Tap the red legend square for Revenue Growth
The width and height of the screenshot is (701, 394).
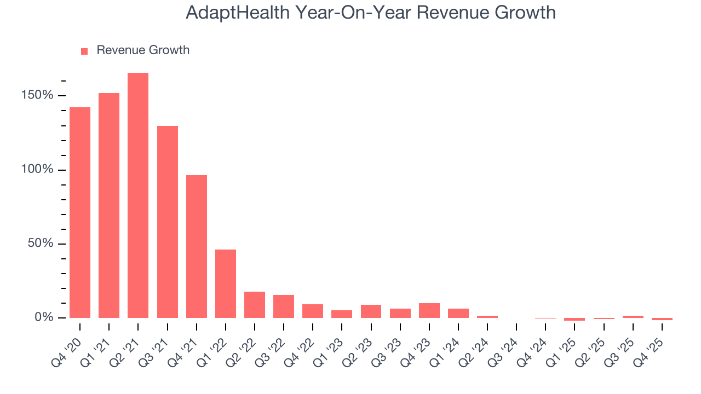(x=84, y=51)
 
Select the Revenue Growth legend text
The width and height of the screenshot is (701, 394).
(x=143, y=50)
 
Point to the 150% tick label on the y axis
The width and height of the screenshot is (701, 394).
(x=38, y=96)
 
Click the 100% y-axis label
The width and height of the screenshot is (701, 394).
(x=38, y=170)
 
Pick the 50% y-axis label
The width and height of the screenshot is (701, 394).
(x=41, y=244)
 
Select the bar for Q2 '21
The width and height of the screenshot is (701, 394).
(x=138, y=195)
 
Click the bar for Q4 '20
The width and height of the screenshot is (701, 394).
(x=80, y=212)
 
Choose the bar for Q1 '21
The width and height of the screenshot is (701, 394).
(x=109, y=205)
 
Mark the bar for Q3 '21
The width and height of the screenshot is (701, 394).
(x=167, y=222)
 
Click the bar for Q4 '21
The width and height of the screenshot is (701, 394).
(x=196, y=246)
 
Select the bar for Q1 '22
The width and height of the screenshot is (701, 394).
(x=226, y=283)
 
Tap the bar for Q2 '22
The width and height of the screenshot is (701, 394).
(x=255, y=305)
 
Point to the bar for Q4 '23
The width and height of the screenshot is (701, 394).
(x=429, y=310)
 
